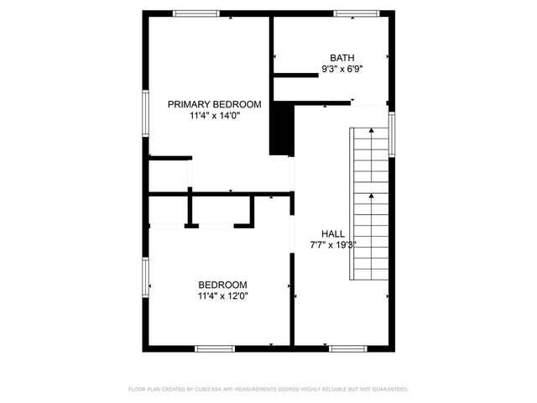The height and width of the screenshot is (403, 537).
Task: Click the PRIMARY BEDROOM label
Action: coord(214,105)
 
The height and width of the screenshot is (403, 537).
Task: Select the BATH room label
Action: coord(341,58)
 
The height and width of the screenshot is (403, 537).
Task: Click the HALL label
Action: coord(332,233)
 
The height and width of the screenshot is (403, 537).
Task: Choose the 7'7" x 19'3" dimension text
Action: coord(332,245)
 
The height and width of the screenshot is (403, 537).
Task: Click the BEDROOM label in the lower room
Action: coord(222,285)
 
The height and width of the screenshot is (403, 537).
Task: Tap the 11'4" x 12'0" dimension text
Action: coord(222,296)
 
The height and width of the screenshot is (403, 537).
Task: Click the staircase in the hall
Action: coord(369,206)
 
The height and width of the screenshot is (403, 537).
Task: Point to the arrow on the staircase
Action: coord(370,198)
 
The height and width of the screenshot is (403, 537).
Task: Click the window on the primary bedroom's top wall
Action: coord(196,13)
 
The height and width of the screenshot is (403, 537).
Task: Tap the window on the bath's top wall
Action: coord(357,13)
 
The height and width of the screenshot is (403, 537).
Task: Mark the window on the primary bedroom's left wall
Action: coord(146,113)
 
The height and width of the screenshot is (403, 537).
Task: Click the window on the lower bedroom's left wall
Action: coord(146,278)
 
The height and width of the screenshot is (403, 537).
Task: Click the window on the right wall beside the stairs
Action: coord(392,134)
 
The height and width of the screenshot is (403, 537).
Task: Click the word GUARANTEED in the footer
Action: coord(388,390)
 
